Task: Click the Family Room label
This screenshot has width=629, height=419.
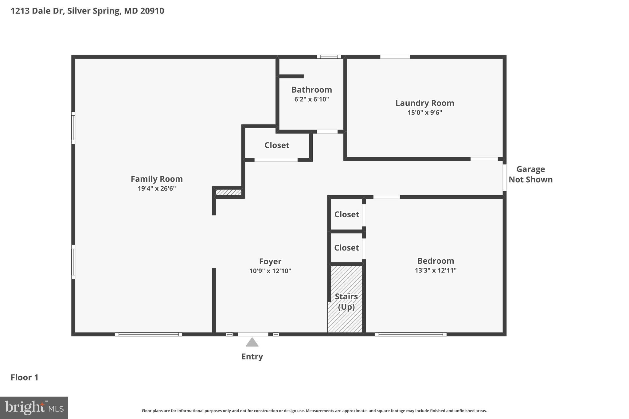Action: pyautogui.click(x=157, y=179)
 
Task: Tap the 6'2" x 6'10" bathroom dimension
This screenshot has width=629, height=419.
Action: pyautogui.click(x=311, y=99)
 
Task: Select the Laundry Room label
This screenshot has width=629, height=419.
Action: pyautogui.click(x=424, y=103)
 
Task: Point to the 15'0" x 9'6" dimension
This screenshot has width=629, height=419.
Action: pyautogui.click(x=424, y=113)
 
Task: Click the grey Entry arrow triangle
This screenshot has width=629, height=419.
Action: pyautogui.click(x=252, y=342)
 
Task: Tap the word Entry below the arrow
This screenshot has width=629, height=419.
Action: pyautogui.click(x=252, y=357)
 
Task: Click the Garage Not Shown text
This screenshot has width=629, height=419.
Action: pyautogui.click(x=530, y=174)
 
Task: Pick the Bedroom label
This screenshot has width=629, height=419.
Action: pyautogui.click(x=436, y=261)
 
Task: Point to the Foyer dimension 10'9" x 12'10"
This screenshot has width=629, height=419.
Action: pyautogui.click(x=270, y=271)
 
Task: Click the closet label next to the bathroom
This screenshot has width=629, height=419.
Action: pyautogui.click(x=277, y=145)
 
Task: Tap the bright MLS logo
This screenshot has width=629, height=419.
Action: pyautogui.click(x=34, y=408)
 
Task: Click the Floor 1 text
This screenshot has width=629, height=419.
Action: pyautogui.click(x=25, y=378)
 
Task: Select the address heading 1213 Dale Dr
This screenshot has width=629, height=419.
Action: pyautogui.click(x=87, y=11)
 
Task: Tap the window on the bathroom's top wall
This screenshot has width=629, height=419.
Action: pyautogui.click(x=329, y=57)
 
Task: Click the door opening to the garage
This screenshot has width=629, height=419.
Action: pyautogui.click(x=504, y=178)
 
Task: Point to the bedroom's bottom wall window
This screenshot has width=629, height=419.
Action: pyautogui.click(x=410, y=334)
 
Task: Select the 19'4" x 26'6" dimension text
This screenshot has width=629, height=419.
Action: pyautogui.click(x=157, y=188)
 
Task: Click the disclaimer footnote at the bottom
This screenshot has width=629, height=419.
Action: pyautogui.click(x=314, y=411)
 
